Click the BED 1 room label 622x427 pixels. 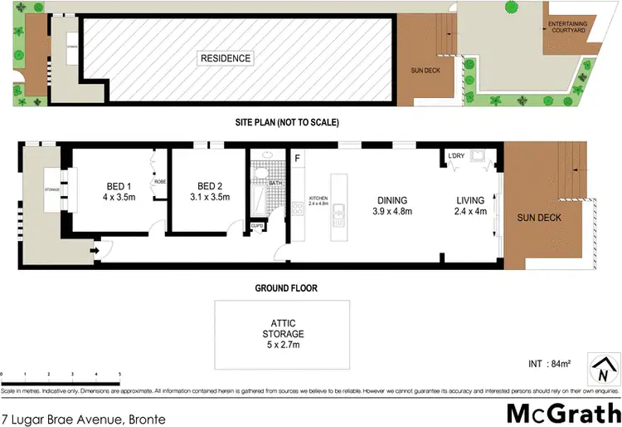click(x=118, y=192)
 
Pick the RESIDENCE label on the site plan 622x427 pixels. click(x=225, y=58)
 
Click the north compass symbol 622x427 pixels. click(x=603, y=366)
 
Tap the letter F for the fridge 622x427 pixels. click(x=297, y=157)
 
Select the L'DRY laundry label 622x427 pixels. click(x=456, y=156)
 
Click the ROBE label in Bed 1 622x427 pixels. click(x=159, y=182)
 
